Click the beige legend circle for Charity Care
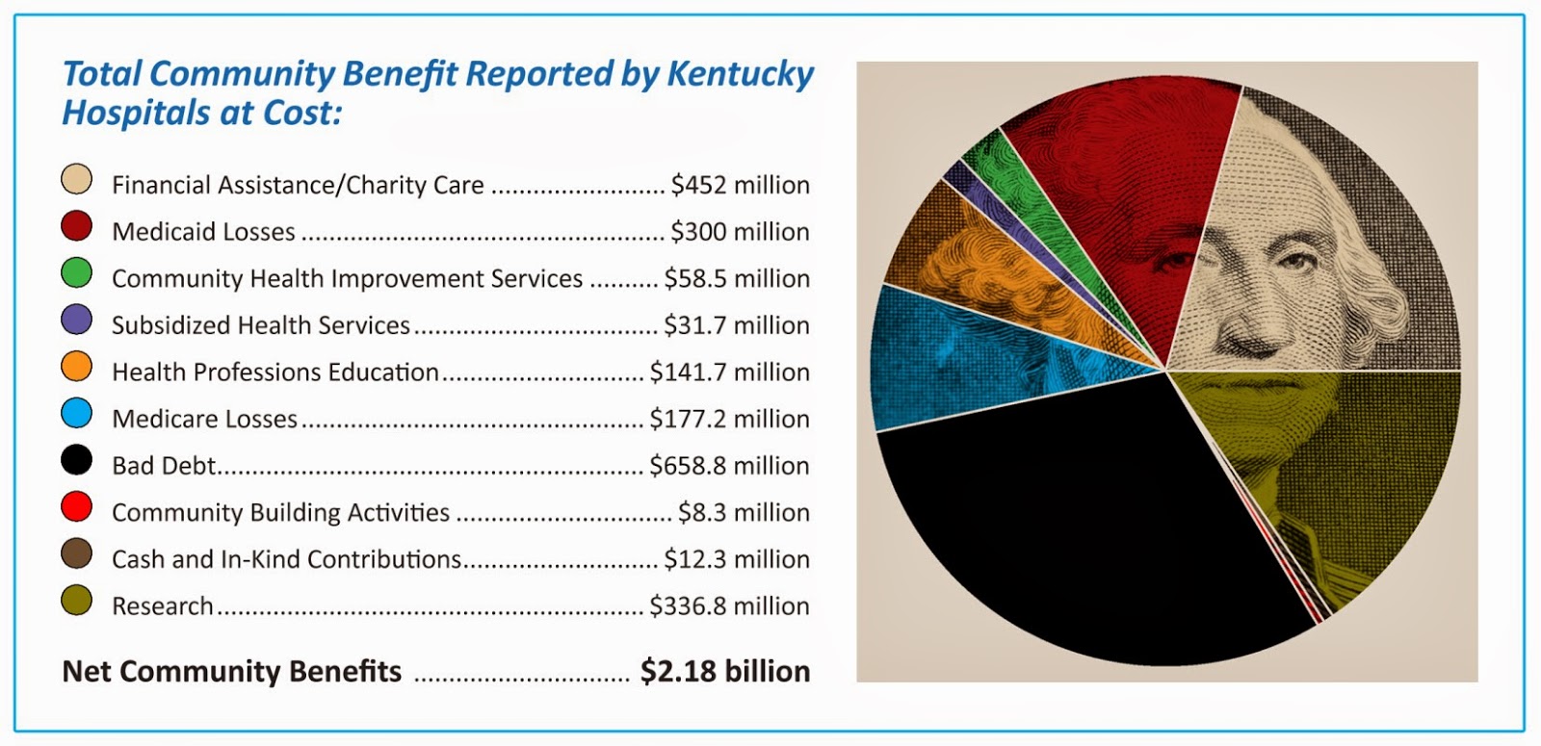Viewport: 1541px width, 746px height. (x=76, y=180)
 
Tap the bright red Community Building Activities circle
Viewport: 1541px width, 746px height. (x=76, y=507)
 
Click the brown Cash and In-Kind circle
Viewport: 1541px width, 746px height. (x=76, y=554)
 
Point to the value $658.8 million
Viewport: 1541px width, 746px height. (x=729, y=466)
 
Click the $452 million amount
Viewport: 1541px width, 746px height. (x=740, y=185)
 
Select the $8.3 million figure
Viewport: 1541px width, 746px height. (x=744, y=512)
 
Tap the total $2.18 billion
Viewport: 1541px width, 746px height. (x=724, y=671)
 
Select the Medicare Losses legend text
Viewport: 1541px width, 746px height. (x=204, y=419)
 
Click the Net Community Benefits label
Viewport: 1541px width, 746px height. (x=231, y=671)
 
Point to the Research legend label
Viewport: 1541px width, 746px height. (x=162, y=606)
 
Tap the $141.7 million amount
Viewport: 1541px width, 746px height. (x=729, y=372)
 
